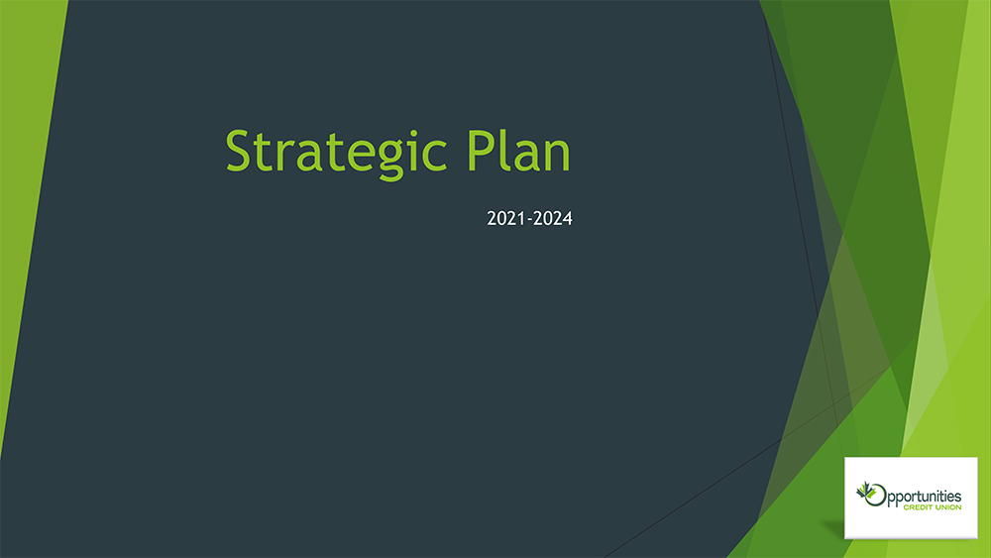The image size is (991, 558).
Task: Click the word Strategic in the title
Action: point(336,155)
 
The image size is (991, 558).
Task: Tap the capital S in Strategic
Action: point(239,150)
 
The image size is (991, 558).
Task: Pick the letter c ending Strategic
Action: point(435,156)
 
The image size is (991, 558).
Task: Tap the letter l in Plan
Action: point(504,150)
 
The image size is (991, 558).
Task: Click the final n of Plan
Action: point(557,156)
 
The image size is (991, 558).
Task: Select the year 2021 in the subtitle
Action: point(505,219)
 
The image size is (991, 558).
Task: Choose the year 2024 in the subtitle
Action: point(553,219)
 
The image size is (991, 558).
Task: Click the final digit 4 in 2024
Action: point(568,219)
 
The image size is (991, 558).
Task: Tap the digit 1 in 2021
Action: point(520,219)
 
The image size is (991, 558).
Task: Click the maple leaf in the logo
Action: point(864,490)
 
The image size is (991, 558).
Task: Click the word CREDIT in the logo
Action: point(919,507)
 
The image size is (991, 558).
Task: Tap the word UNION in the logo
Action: point(948,507)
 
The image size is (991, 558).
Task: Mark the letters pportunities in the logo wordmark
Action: point(925,498)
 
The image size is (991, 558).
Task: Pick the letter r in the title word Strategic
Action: point(288,156)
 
